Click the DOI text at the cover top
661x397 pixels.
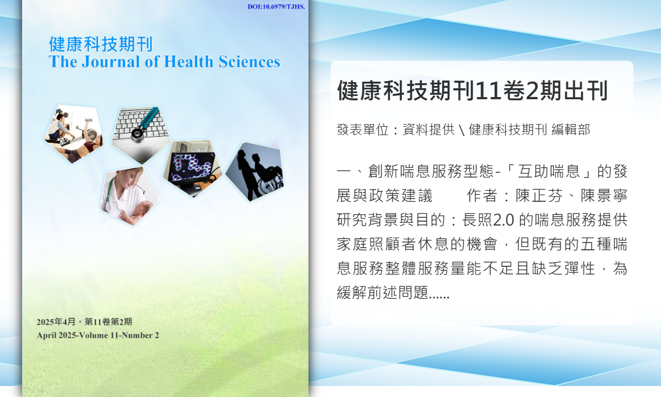point(276,7)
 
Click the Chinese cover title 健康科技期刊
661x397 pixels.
point(101,44)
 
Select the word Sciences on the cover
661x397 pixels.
point(250,61)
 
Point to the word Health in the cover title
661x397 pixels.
point(188,61)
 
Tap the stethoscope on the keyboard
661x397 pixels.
point(144,124)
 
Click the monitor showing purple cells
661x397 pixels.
point(192,168)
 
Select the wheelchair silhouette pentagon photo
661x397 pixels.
point(255,171)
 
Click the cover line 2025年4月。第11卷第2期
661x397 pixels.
point(84,321)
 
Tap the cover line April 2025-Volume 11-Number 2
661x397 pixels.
point(97,335)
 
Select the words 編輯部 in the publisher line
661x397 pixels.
point(571,130)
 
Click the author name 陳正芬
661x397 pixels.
point(539,196)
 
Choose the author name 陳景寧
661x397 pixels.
point(604,196)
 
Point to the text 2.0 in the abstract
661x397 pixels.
point(503,220)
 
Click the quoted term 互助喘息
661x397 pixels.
point(549,171)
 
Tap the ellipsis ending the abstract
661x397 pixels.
point(439,296)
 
